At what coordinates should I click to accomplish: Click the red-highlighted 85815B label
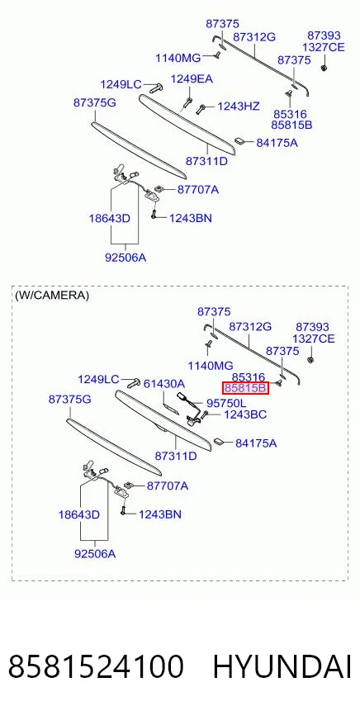[245, 388]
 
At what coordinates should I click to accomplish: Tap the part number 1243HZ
[239, 107]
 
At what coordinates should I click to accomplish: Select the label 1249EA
[192, 79]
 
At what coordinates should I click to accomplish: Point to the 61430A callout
[164, 383]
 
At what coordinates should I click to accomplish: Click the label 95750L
[226, 403]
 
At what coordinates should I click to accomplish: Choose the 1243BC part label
[245, 414]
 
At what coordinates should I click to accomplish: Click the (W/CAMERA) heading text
[52, 296]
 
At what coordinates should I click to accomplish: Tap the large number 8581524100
[96, 666]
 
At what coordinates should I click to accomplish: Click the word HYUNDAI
[282, 666]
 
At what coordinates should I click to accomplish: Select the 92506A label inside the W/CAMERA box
[95, 554]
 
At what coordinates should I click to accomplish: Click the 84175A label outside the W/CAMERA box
[277, 143]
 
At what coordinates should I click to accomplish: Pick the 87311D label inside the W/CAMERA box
[176, 456]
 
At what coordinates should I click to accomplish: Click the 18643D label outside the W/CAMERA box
[110, 218]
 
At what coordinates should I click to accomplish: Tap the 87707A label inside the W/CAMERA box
[168, 486]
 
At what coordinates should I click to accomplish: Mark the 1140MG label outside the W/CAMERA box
[178, 58]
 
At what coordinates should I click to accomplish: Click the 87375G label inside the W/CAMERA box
[70, 400]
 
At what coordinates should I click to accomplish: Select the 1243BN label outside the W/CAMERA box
[191, 218]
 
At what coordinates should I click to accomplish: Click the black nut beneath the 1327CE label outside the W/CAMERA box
[324, 68]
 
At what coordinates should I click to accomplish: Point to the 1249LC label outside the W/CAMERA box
[121, 84]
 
